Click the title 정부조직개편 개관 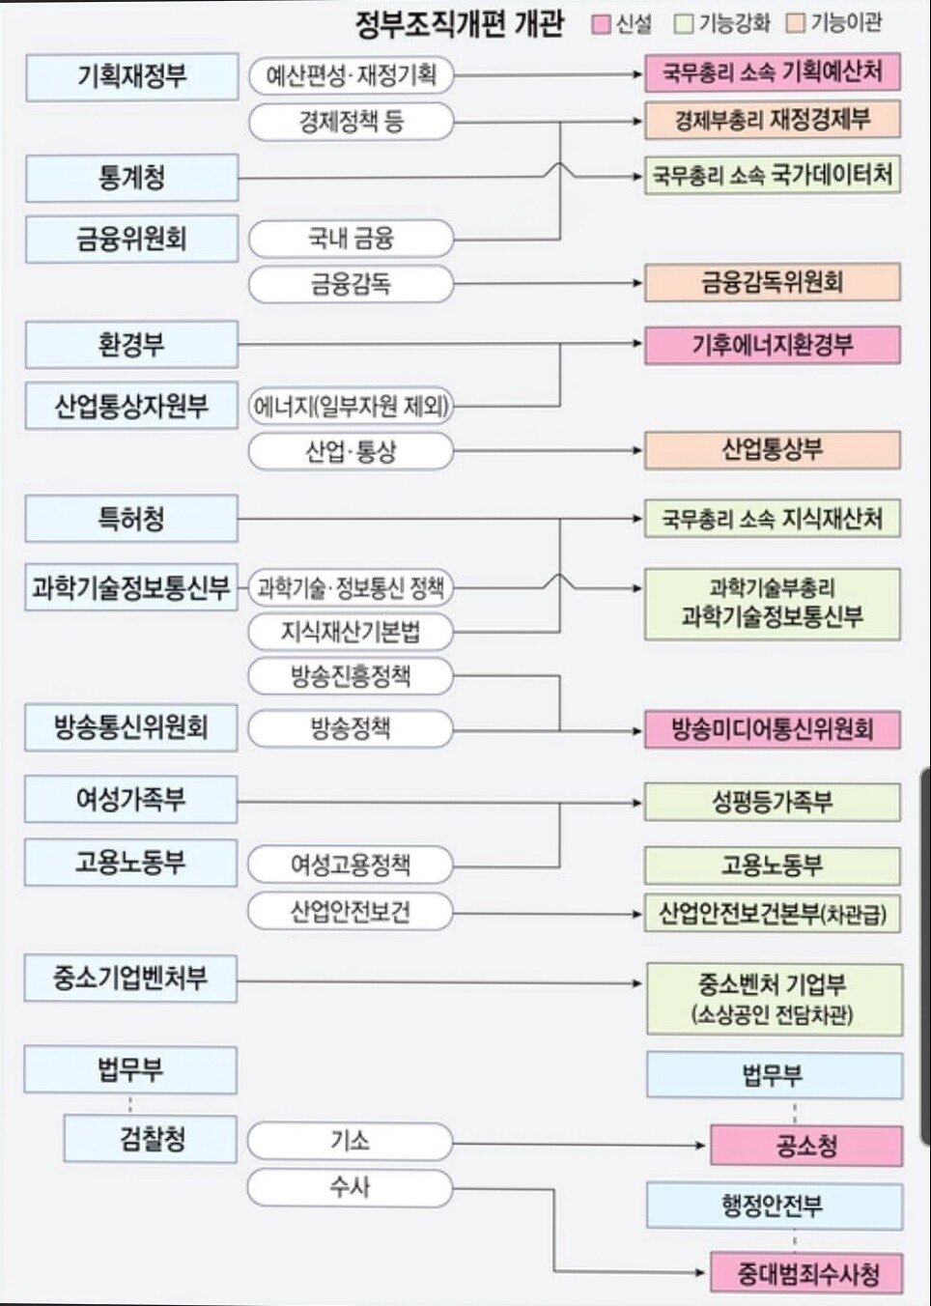[459, 23]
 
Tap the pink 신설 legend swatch [602, 24]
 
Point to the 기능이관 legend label [846, 23]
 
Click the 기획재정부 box [131, 77]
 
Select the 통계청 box [131, 178]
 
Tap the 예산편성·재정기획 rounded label [351, 75]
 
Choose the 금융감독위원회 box [772, 282]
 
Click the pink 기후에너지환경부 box [772, 345]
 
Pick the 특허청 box [131, 519]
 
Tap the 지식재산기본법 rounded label [351, 632]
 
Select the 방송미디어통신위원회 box [772, 729]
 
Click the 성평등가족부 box [772, 802]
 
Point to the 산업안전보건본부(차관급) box [772, 914]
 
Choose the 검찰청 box [151, 1139]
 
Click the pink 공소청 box [805, 1146]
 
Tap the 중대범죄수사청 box [805, 1273]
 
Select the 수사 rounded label [351, 1187]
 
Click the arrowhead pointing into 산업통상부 [637, 450]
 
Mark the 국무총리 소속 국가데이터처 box [772, 176]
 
